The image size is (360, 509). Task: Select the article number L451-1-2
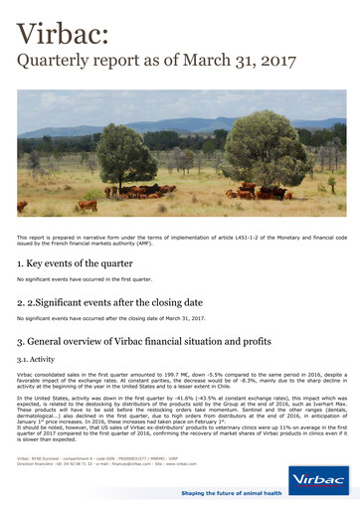click(x=262, y=238)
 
